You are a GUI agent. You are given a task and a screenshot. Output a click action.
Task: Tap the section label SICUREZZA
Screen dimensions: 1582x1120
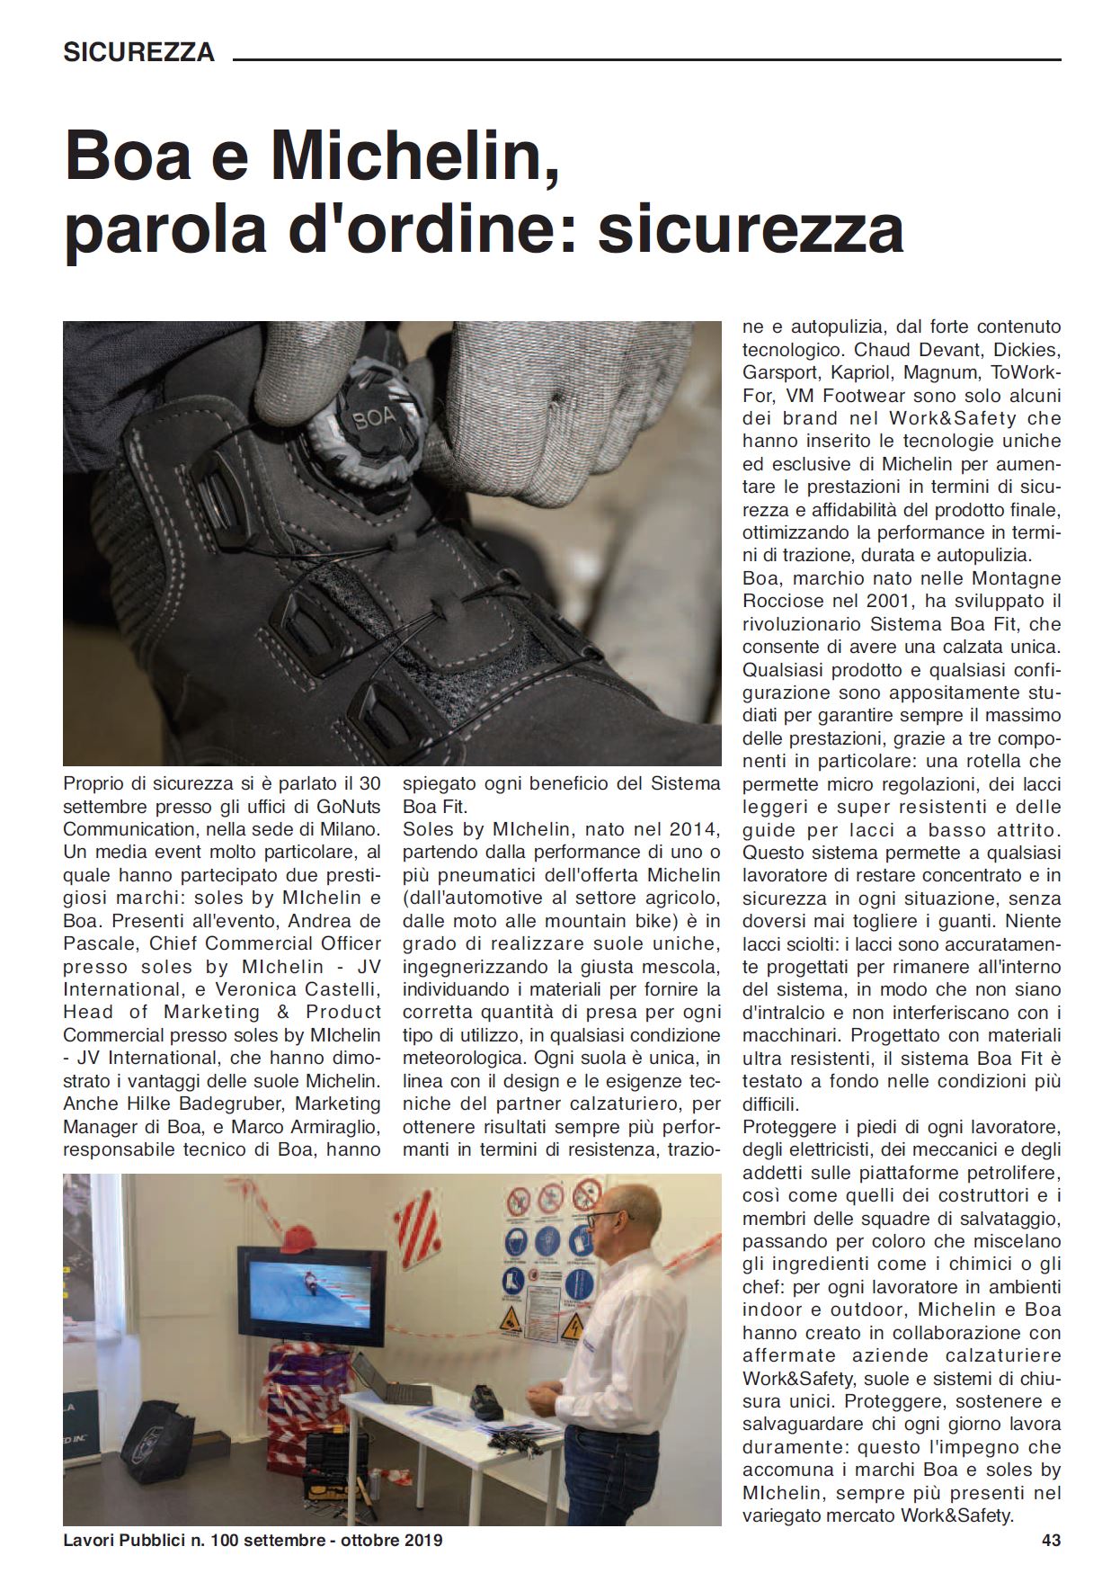(x=138, y=52)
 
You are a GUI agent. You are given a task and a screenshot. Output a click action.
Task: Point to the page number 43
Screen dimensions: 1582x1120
(x=1051, y=1540)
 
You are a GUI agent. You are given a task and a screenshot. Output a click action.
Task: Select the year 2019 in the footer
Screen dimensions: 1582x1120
(x=422, y=1540)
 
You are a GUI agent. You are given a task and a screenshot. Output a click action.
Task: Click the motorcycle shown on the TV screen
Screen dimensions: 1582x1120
(x=308, y=1277)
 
